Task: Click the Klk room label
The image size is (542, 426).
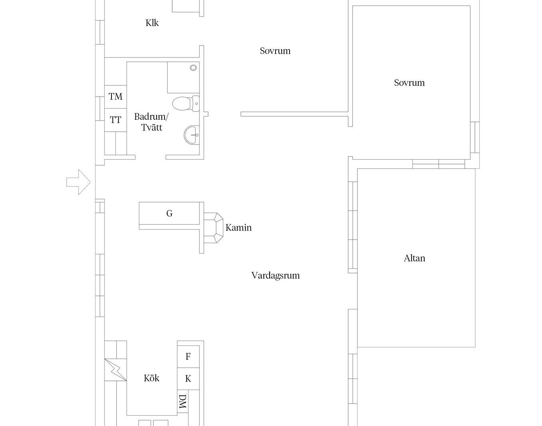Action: pos(152,23)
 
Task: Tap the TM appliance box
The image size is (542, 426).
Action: pos(115,97)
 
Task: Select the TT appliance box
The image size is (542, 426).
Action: pos(115,120)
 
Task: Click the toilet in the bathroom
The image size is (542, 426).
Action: pos(186,103)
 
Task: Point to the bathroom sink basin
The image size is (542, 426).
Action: pos(192,135)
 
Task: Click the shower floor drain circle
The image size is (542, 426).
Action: pos(193,67)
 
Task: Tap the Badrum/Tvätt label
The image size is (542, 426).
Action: pos(151,122)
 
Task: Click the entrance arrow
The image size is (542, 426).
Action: pos(78,182)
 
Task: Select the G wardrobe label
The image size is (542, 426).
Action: pos(169,214)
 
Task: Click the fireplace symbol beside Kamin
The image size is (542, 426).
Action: pos(214,228)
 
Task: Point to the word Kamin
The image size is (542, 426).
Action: pos(238,228)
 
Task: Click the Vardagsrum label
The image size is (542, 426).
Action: pos(276,275)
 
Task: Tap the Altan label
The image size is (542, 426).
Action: pos(414,258)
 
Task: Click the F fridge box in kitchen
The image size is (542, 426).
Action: pos(188,357)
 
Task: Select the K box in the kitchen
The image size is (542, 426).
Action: pos(188,378)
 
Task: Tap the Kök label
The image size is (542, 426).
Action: pos(152,378)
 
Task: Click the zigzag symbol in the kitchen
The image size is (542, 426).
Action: pos(115,370)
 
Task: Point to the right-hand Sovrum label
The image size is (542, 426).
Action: pos(409,83)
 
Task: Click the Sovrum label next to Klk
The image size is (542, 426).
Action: pos(275,51)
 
